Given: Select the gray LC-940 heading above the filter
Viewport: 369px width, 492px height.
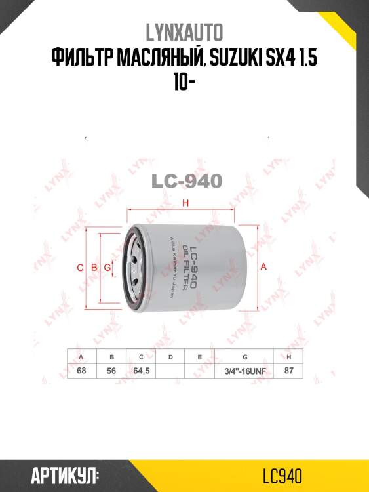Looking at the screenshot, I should click(x=187, y=180).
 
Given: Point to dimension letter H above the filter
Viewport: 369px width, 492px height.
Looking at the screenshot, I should click(x=185, y=203).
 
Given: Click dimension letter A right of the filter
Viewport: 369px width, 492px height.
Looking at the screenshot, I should click(x=263, y=267).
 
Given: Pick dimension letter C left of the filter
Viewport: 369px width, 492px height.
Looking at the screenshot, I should click(x=80, y=268).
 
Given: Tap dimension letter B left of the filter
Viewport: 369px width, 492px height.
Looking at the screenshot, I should click(x=94, y=268).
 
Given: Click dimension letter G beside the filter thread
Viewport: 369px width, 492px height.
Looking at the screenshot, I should click(x=107, y=268).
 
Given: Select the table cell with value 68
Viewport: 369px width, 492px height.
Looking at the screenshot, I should click(x=82, y=371).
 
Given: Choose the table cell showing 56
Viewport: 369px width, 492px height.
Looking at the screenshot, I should click(x=111, y=371).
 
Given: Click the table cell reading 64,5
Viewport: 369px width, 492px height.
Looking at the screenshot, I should click(x=141, y=371).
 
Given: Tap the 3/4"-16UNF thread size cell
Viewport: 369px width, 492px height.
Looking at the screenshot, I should click(x=244, y=371).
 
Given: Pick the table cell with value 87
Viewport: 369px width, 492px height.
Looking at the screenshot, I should click(x=289, y=371).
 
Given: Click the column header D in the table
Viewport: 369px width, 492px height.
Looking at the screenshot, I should click(x=170, y=357).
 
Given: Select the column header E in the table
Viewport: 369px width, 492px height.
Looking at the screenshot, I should click(x=199, y=357).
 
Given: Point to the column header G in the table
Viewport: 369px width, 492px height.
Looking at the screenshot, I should click(x=244, y=357).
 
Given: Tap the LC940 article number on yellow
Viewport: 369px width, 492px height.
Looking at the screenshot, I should click(x=281, y=475).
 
